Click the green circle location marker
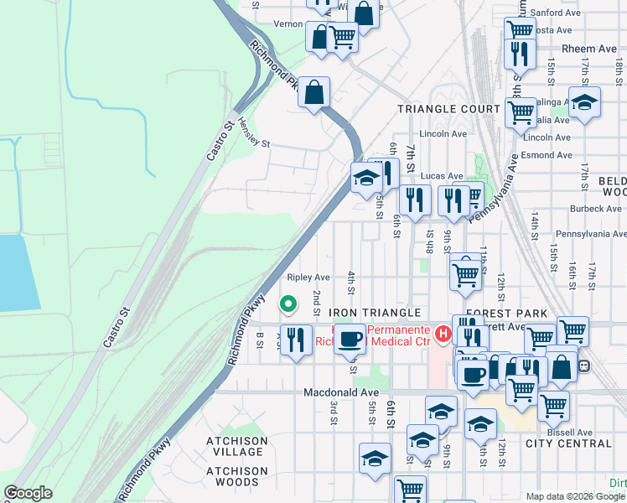click(288, 303)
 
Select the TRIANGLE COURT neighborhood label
click(448, 109)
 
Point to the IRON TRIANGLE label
click(374, 313)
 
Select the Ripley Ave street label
click(308, 277)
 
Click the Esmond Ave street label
click(545, 154)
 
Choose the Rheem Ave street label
click(589, 49)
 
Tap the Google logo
click(28, 493)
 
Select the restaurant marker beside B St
click(295, 340)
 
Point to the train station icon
click(584, 366)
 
